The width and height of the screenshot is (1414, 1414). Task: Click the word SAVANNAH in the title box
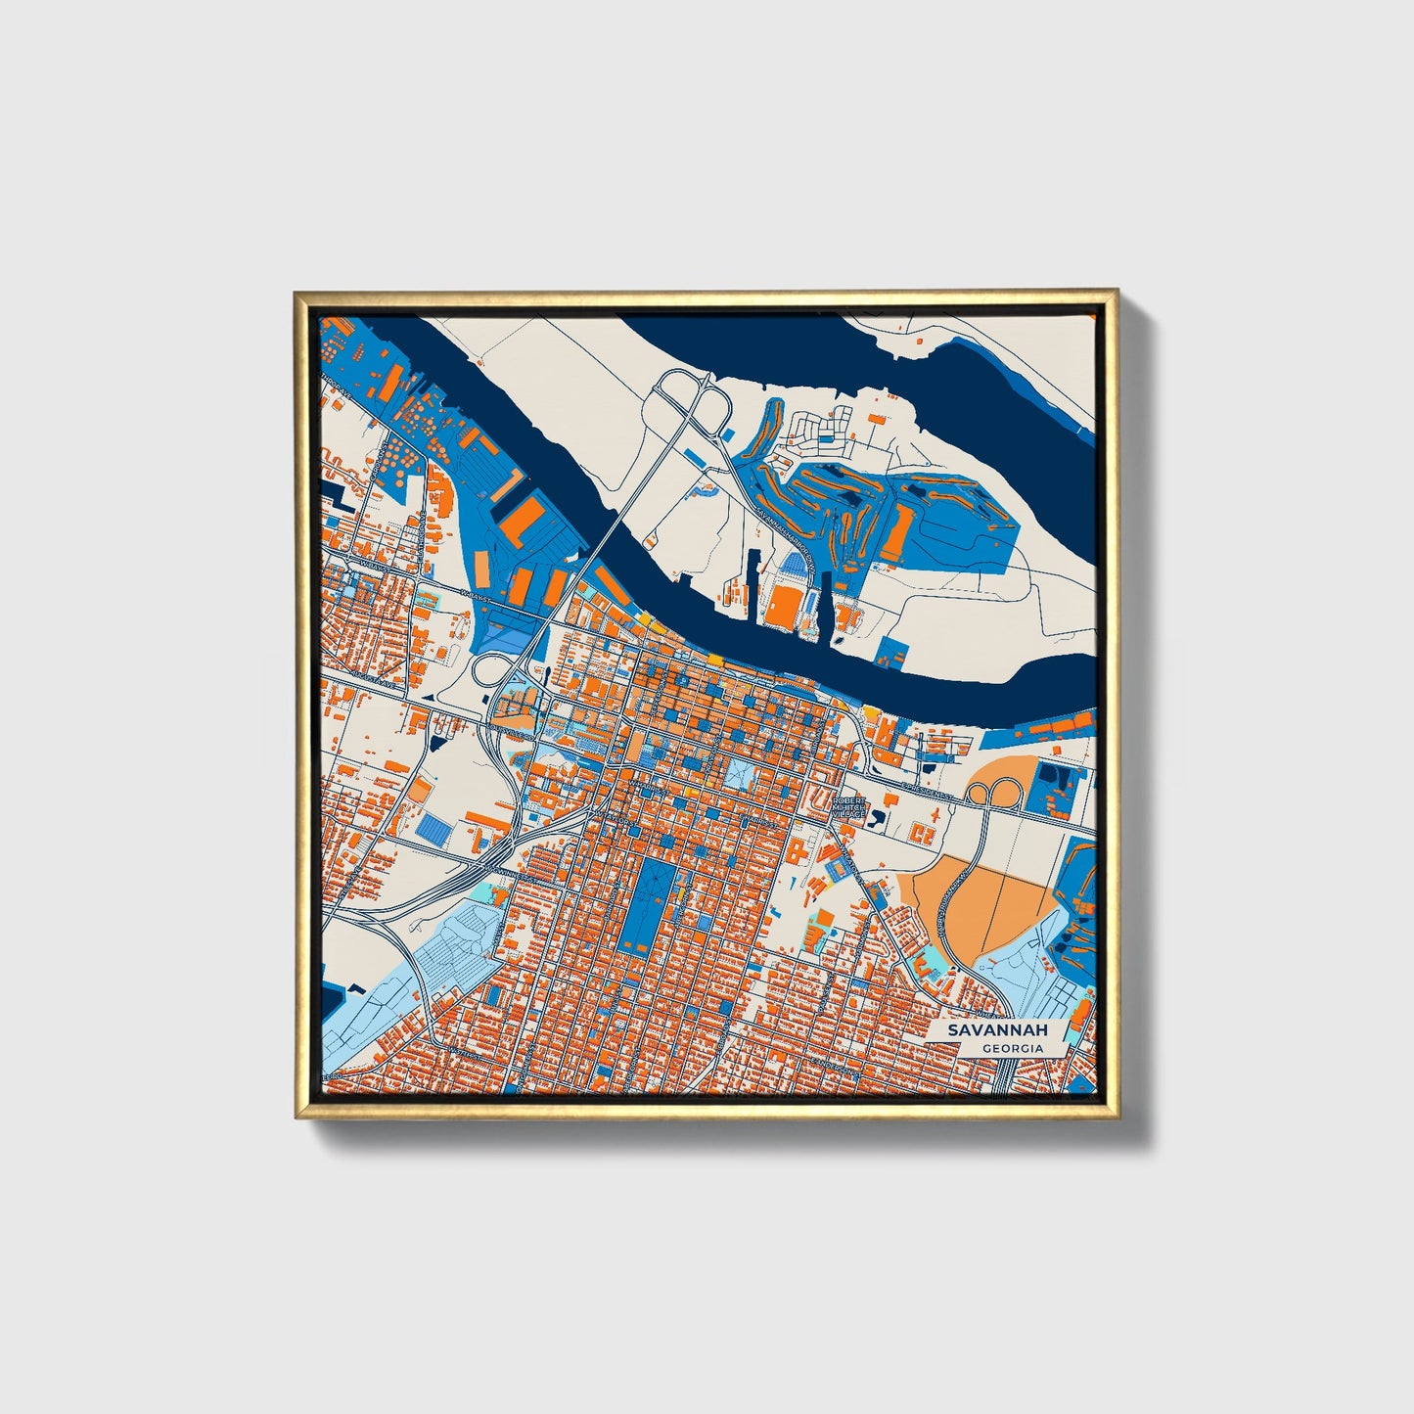pos(996,1030)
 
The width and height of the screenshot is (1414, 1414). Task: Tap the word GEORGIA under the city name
pos(1013,1048)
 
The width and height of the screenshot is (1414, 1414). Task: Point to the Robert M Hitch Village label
pos(848,806)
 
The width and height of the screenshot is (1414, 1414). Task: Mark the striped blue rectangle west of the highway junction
pos(435,829)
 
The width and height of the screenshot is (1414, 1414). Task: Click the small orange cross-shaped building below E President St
pos(921,833)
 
